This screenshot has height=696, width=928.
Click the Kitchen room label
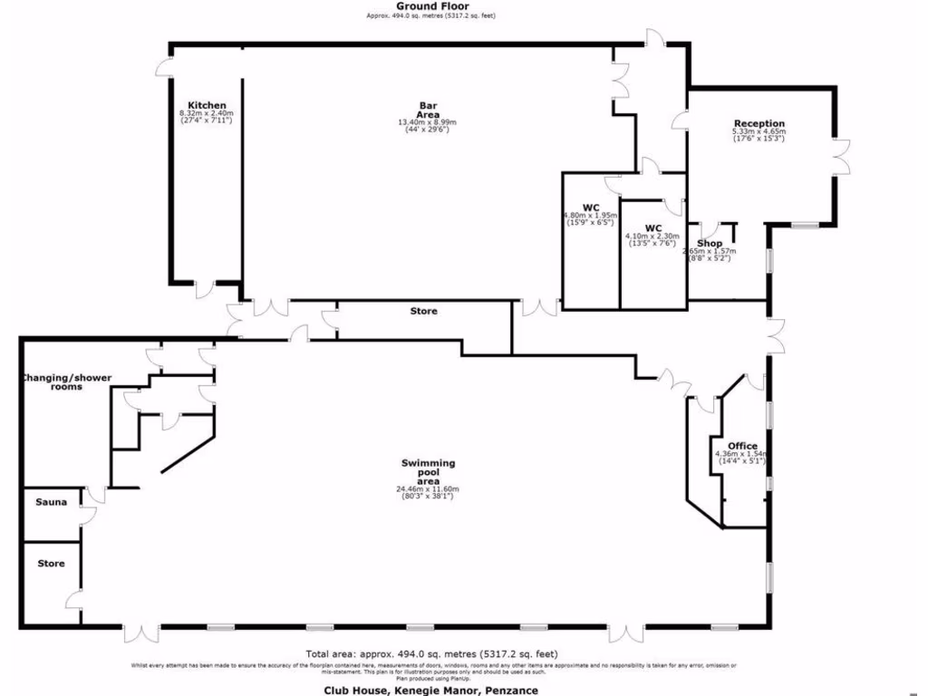coord(207,105)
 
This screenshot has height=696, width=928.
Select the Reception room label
coord(759,123)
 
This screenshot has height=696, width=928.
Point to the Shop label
coord(710,244)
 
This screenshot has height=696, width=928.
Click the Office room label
coord(742,446)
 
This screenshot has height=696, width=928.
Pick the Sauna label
coord(51,501)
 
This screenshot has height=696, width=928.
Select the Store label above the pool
coord(423,311)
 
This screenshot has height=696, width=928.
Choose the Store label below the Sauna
coord(51,564)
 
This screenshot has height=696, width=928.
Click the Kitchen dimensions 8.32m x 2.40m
coord(207,117)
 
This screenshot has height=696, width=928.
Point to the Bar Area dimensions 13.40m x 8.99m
coord(428,126)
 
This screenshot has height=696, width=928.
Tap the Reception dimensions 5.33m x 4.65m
coord(759,135)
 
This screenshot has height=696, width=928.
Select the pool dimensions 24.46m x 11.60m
coord(428,493)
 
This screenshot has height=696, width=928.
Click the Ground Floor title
coord(431,6)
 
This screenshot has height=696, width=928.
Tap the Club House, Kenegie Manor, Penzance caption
coord(431,690)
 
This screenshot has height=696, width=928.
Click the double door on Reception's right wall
coord(841,157)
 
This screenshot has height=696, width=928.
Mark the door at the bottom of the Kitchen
coord(206,288)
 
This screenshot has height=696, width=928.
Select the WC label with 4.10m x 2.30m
coord(652,227)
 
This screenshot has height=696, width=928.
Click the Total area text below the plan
coord(431,653)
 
